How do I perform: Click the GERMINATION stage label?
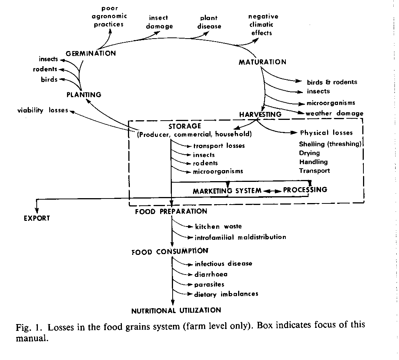(90, 53)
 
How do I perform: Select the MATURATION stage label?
(262, 62)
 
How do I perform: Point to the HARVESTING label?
(260, 114)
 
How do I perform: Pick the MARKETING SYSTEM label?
(227, 191)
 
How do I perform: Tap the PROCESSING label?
(305, 189)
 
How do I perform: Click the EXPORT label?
(37, 218)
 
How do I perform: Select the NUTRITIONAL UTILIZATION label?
(176, 310)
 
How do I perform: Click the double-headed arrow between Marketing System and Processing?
(273, 191)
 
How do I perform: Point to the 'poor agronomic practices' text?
(109, 16)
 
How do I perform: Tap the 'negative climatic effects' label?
(263, 25)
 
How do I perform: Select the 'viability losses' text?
(43, 110)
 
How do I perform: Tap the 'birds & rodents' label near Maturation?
(332, 82)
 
